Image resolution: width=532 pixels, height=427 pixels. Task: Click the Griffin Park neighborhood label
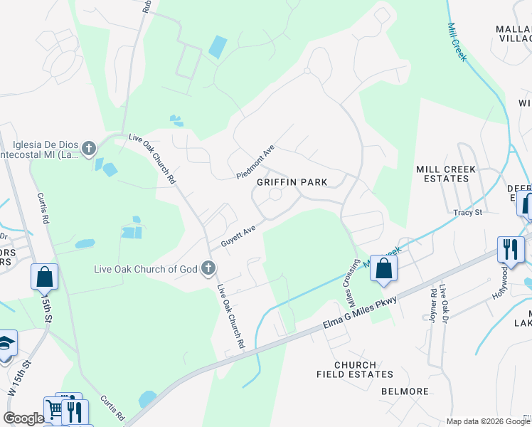click(292, 182)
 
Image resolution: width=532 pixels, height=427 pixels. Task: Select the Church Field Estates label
click(353, 369)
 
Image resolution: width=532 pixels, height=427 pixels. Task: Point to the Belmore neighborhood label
click(405, 391)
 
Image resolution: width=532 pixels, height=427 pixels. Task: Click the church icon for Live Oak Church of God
click(208, 268)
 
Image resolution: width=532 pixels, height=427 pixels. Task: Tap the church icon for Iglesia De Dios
click(88, 148)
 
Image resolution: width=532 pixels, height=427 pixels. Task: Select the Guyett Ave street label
click(238, 237)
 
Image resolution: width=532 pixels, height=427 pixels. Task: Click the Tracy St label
click(468, 212)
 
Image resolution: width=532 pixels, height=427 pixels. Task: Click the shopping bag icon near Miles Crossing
click(383, 269)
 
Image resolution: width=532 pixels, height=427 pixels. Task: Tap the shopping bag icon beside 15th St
click(44, 276)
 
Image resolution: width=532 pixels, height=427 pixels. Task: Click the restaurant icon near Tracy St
click(511, 249)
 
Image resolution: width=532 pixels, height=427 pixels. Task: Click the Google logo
click(23, 418)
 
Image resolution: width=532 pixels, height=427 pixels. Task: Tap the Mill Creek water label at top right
click(456, 41)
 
